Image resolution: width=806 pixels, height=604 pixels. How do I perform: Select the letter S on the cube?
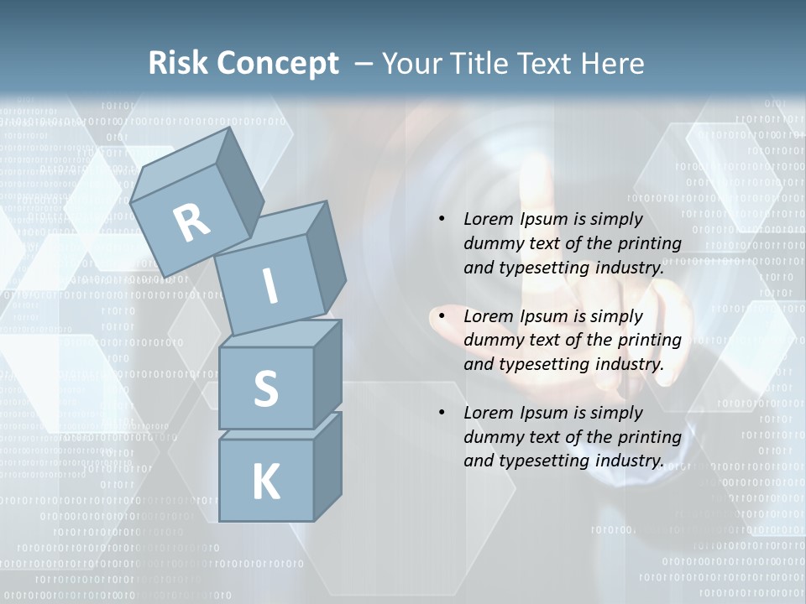[x=265, y=389]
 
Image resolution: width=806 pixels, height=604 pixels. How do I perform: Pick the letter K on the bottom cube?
[x=265, y=482]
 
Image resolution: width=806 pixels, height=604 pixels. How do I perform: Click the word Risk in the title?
[x=178, y=64]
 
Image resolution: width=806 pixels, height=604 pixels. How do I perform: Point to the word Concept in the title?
[x=277, y=64]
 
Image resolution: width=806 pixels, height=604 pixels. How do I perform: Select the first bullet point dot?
[x=442, y=219]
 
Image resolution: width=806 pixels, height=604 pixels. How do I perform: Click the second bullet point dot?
[x=442, y=316]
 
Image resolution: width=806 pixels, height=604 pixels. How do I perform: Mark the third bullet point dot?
[x=442, y=413]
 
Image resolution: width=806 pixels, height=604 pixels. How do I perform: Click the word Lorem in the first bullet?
[x=488, y=219]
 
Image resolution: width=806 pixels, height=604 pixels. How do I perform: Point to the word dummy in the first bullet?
[x=491, y=244]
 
